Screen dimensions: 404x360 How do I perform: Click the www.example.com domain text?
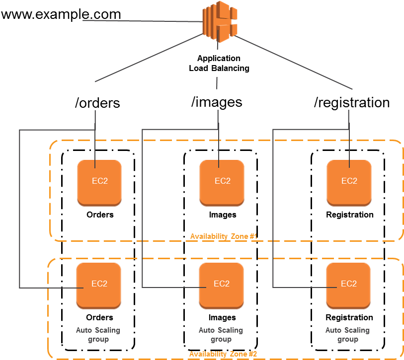point(61,14)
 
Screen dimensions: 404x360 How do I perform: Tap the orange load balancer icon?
point(220,22)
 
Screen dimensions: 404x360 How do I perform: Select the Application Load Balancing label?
point(219,63)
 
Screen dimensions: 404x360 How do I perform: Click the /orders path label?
point(97,103)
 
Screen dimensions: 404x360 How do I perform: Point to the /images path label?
point(217,102)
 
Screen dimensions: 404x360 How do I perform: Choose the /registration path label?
point(352,102)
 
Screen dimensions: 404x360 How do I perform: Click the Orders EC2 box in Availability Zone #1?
point(99,183)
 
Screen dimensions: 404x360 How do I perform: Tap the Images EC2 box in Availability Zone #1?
point(222,183)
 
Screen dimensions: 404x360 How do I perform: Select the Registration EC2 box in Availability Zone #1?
point(349,183)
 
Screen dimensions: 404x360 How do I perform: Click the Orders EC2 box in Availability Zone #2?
point(99,286)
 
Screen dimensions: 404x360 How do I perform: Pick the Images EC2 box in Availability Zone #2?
point(221,286)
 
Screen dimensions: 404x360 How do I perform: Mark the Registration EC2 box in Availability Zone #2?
point(348,286)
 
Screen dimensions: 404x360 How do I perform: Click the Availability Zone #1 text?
point(224,236)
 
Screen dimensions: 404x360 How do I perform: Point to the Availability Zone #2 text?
point(223,354)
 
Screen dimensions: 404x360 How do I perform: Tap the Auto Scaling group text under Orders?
point(98,335)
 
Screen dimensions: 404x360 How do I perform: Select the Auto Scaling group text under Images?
point(221,335)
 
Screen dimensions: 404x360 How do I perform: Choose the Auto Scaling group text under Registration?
point(347,335)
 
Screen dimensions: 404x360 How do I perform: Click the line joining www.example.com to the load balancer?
point(143,21)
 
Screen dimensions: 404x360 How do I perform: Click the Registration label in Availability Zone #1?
point(350,215)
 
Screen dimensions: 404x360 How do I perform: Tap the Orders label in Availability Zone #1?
point(100,215)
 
